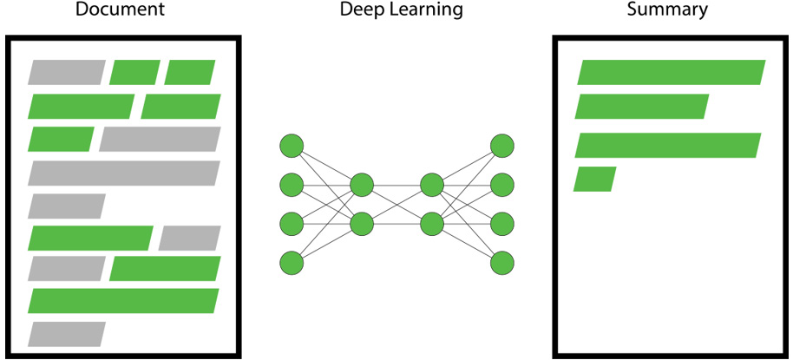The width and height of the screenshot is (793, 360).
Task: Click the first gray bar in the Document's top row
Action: (x=67, y=72)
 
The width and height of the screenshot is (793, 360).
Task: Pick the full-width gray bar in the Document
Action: (x=124, y=173)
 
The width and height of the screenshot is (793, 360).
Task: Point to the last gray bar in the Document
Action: (x=67, y=334)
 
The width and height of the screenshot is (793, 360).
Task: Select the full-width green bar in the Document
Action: (x=123, y=301)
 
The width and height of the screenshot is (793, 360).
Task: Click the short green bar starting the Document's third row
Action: (x=62, y=139)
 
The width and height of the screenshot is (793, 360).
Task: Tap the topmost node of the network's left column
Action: (x=292, y=146)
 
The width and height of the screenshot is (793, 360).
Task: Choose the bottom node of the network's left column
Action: (x=292, y=263)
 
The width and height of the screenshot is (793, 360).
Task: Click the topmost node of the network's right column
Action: (x=502, y=146)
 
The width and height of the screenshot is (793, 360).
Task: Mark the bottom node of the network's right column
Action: (x=502, y=263)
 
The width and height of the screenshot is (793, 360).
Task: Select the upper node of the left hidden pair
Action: (x=362, y=185)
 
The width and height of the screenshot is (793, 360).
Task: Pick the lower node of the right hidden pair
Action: (x=432, y=224)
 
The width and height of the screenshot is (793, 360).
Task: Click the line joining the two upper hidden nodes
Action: (x=397, y=185)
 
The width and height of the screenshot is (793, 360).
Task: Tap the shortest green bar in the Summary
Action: (x=595, y=180)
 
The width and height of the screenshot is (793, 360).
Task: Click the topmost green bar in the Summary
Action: (x=672, y=72)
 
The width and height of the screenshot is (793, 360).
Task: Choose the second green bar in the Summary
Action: (x=642, y=107)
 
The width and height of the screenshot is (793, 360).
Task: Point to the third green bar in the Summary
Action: (x=668, y=145)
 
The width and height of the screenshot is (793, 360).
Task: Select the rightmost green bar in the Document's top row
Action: (x=190, y=72)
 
